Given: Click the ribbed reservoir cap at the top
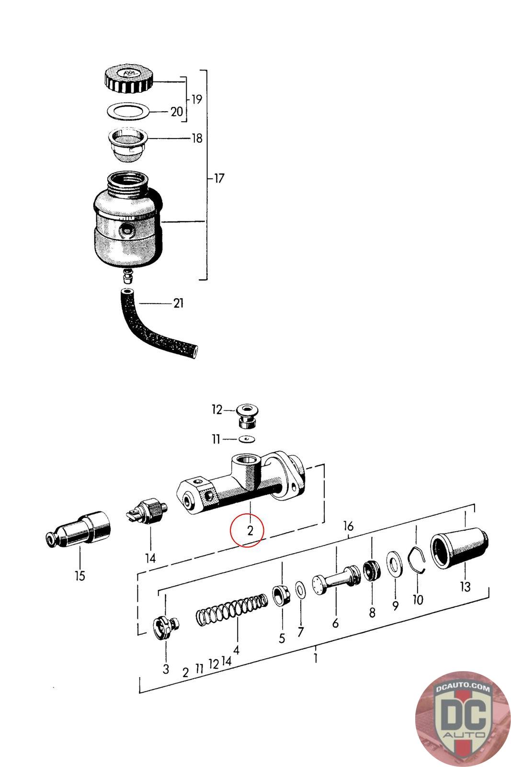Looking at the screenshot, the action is pyautogui.click(x=128, y=80).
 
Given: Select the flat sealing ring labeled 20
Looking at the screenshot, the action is pyautogui.click(x=129, y=111).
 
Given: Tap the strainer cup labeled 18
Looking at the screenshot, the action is pyautogui.click(x=128, y=144).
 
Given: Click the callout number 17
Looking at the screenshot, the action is pyautogui.click(x=219, y=178).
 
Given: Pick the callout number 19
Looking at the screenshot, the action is pyautogui.click(x=197, y=99).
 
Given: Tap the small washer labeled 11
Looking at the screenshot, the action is pyautogui.click(x=247, y=439).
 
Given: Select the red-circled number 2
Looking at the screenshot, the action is pyautogui.click(x=250, y=531).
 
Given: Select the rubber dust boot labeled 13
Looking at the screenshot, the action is pyautogui.click(x=459, y=548).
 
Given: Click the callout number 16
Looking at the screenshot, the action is pyautogui.click(x=348, y=526).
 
